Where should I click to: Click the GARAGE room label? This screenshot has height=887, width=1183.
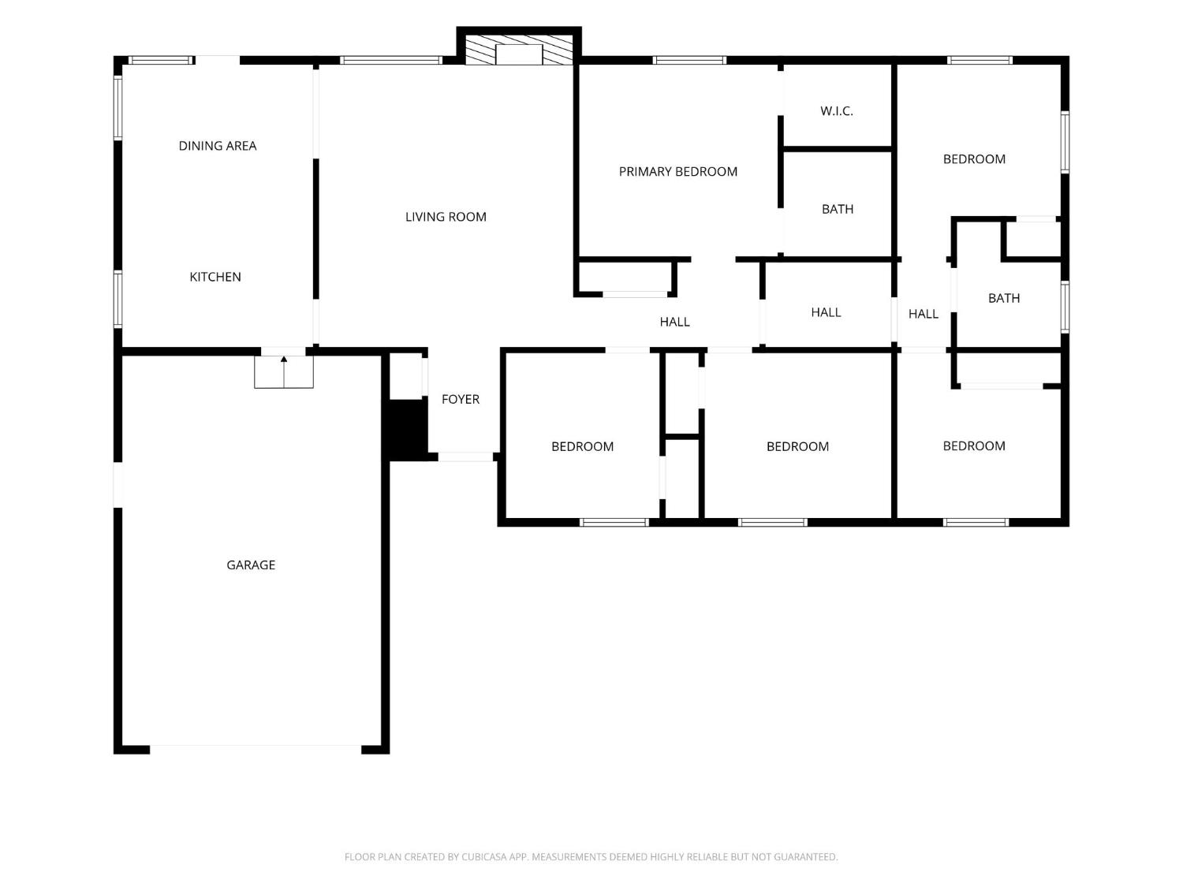pyautogui.click(x=251, y=565)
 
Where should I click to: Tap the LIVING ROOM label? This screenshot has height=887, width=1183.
pyautogui.click(x=446, y=217)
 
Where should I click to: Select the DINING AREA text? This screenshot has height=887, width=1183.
pyautogui.click(x=218, y=145)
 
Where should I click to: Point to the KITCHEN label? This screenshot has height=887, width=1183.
pyautogui.click(x=215, y=277)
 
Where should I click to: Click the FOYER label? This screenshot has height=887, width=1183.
pyautogui.click(x=461, y=399)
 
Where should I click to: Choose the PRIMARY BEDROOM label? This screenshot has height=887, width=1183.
pyautogui.click(x=678, y=171)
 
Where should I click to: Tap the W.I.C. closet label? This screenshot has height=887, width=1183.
pyautogui.click(x=837, y=111)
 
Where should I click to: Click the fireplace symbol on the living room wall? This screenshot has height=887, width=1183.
pyautogui.click(x=518, y=50)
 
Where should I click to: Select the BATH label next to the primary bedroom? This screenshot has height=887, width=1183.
pyautogui.click(x=838, y=209)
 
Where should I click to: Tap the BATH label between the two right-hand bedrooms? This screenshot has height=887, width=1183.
pyautogui.click(x=1004, y=298)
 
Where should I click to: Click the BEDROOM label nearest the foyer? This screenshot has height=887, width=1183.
pyautogui.click(x=582, y=446)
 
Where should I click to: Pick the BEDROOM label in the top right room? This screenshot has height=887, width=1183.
pyautogui.click(x=974, y=159)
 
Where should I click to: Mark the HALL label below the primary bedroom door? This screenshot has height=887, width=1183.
pyautogui.click(x=675, y=322)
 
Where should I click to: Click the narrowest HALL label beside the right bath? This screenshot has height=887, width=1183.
pyautogui.click(x=924, y=314)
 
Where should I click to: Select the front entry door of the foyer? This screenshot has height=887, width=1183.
pyautogui.click(x=465, y=457)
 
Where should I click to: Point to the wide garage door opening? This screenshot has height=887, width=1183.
pyautogui.click(x=256, y=749)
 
